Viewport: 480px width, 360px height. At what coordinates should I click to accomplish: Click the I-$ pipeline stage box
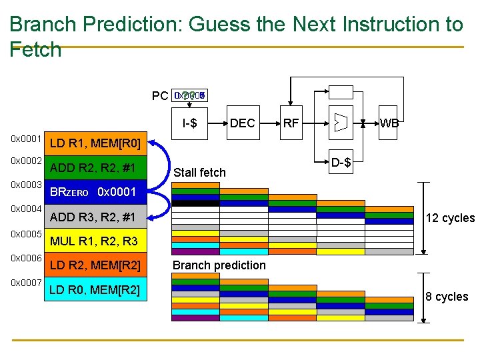[x=194, y=123]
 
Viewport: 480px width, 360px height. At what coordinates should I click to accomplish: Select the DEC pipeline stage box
[x=242, y=123]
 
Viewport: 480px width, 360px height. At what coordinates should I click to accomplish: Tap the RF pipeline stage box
[x=291, y=123]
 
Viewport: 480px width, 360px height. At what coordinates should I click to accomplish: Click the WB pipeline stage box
[x=389, y=123]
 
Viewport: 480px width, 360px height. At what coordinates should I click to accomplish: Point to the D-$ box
[x=341, y=162]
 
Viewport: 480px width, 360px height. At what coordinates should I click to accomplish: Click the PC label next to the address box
[x=160, y=96]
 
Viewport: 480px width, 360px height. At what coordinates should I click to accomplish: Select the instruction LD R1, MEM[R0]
[x=95, y=143]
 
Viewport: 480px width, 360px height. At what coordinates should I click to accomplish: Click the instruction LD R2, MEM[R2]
[x=95, y=266]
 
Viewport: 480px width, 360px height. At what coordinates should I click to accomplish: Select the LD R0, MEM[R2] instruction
[x=95, y=290]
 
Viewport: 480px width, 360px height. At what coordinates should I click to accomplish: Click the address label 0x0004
[x=27, y=209]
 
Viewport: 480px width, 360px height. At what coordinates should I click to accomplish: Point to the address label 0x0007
[x=27, y=283]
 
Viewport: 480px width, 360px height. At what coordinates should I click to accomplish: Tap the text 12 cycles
[x=449, y=218]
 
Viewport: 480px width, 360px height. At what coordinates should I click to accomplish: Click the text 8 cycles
[x=447, y=297]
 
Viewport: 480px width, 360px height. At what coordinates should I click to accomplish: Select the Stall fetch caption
[x=199, y=173]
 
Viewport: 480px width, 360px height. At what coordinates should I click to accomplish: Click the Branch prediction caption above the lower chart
[x=219, y=265]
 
